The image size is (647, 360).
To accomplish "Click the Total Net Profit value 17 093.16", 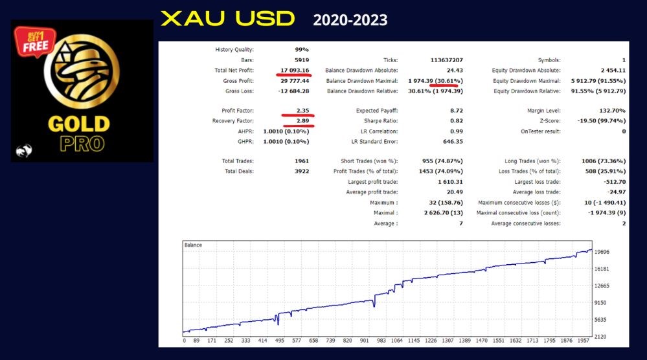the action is tap(295, 70).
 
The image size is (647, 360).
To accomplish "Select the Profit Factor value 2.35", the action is tap(302, 111).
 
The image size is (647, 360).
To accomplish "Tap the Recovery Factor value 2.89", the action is tap(302, 121).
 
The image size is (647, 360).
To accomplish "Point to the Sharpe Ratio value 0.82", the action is tap(457, 121).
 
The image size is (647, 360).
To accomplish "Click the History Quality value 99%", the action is tap(302, 49).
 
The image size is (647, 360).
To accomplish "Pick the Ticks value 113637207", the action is tap(446, 60).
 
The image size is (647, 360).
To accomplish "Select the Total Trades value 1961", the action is tap(302, 161).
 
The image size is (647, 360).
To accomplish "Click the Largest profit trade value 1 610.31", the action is tap(450, 181).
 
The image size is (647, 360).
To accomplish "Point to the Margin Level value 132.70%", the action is tap(612, 111).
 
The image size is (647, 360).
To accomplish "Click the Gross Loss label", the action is tap(240, 91).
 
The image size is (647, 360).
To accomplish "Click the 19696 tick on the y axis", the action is tap(602, 251).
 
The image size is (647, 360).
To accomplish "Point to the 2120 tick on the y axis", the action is tap(600, 337).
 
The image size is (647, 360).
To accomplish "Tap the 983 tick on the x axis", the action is tap(381, 341).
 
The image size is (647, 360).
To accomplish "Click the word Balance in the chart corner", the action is tap(193, 245).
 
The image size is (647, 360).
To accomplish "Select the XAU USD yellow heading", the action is tap(228, 19).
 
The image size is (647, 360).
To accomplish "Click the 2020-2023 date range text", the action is tap(350, 20).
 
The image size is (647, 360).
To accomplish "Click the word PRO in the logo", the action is tap(82, 144).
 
